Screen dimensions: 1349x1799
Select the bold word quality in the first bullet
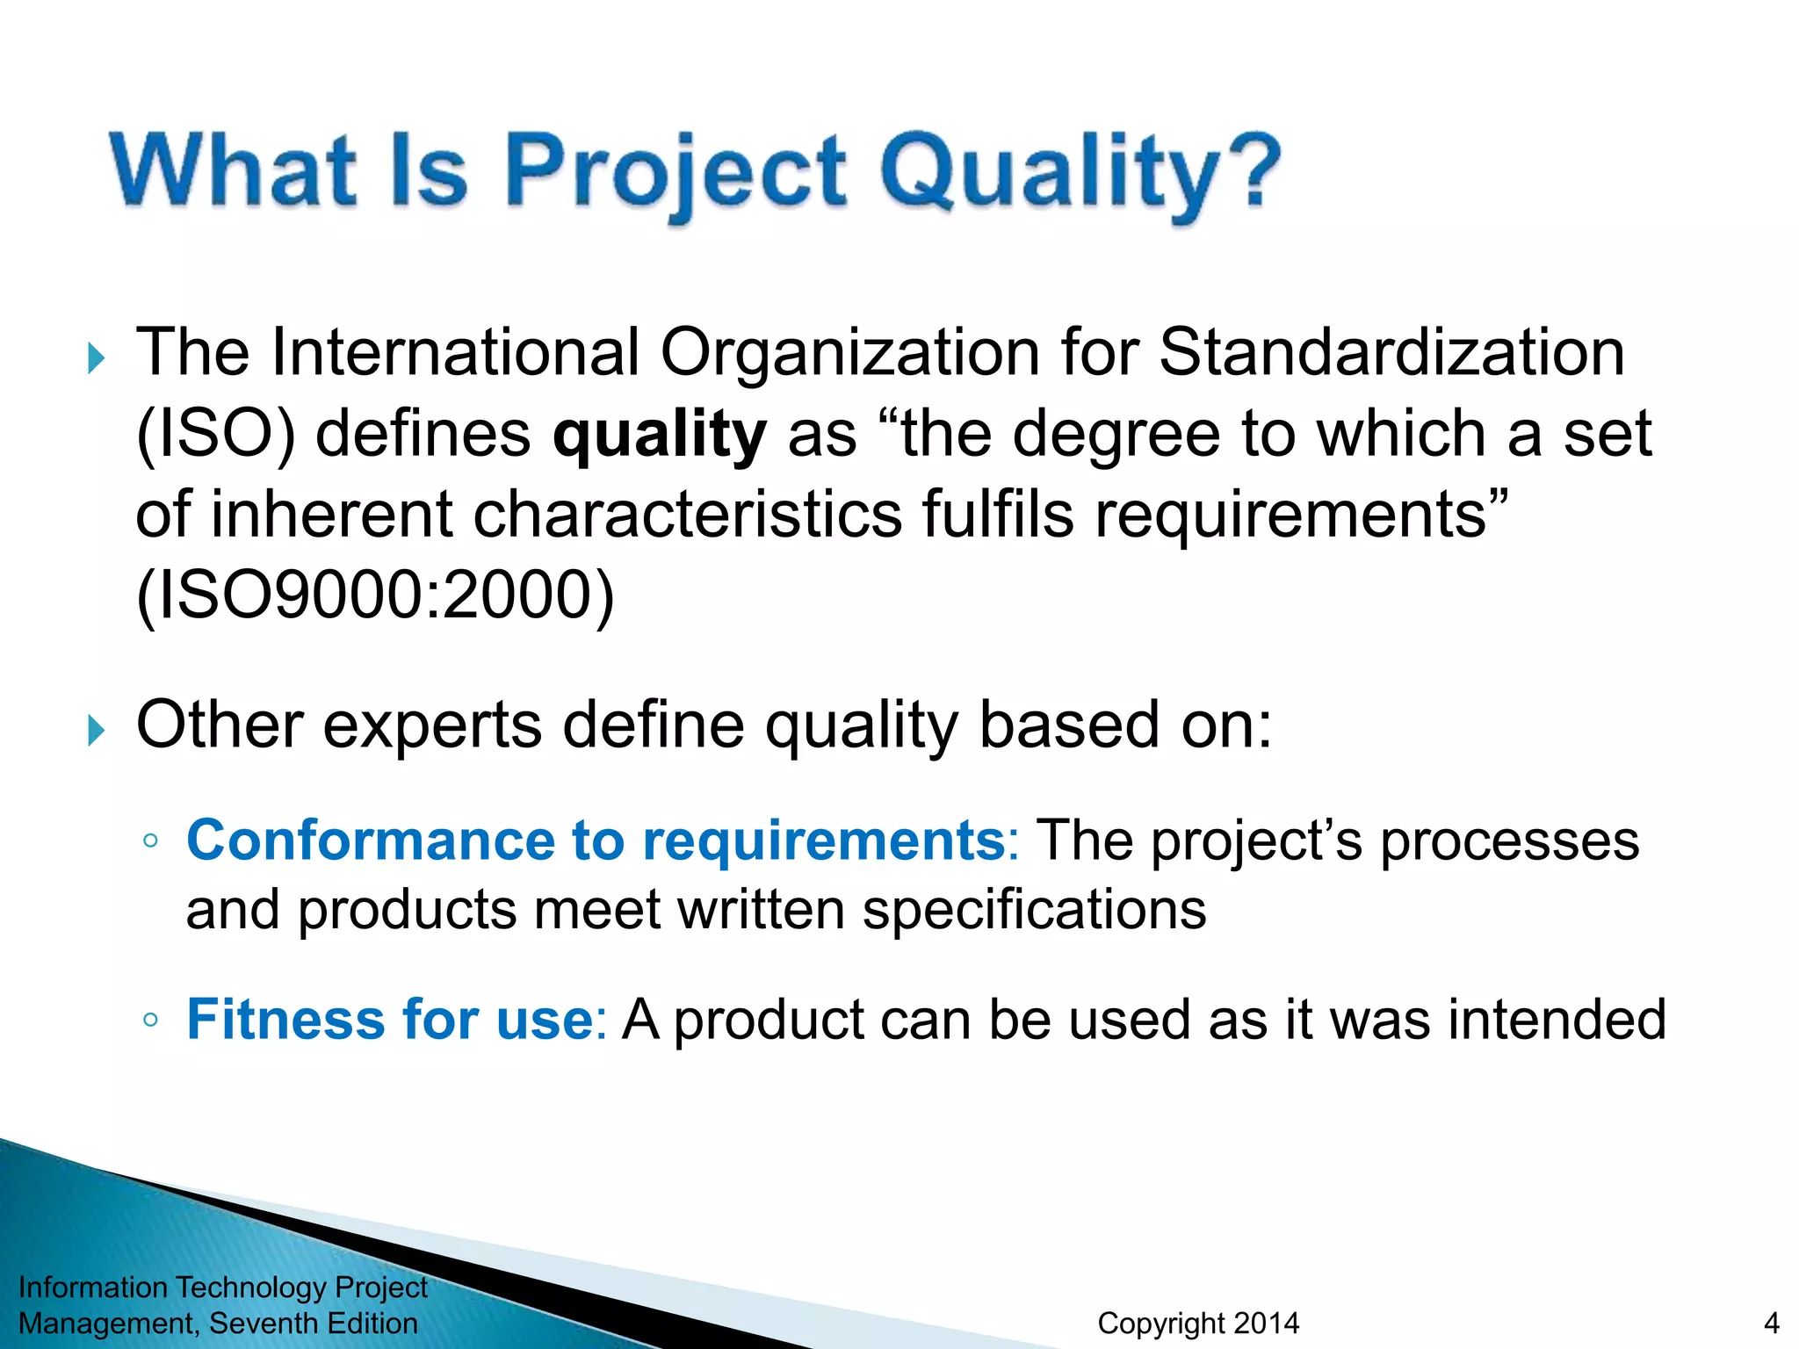coord(660,435)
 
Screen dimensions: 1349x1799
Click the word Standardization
coord(1391,352)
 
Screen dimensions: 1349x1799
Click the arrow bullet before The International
coord(97,358)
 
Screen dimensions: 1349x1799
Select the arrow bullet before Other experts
coord(97,730)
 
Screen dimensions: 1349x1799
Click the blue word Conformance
coord(370,840)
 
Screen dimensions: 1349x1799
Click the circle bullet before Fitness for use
coord(150,1020)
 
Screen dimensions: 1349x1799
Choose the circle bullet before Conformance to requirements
coord(150,840)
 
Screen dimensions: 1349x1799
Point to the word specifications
coord(1034,910)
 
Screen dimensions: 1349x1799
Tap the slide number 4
coord(1771,1323)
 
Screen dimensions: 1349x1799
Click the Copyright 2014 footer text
coord(1198,1323)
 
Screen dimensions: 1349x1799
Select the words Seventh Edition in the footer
coord(314,1323)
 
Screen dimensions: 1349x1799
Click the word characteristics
coord(687,515)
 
